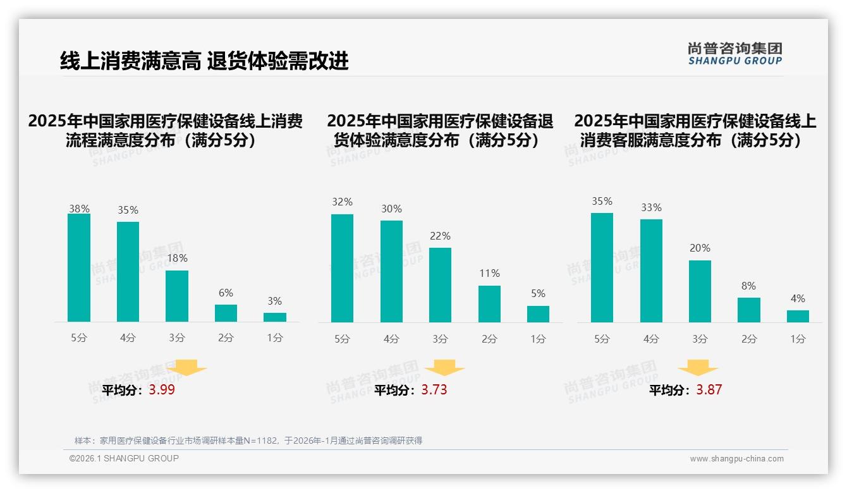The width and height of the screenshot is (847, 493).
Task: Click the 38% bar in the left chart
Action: (79, 268)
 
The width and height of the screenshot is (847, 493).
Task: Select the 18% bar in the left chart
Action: (177, 296)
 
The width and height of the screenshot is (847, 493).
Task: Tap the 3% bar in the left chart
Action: (275, 317)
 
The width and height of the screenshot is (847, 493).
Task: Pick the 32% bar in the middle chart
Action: (342, 269)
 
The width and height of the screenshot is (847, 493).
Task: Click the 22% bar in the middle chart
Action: (440, 285)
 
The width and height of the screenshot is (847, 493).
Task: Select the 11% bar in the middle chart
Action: (489, 304)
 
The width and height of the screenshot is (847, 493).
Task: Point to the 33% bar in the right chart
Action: (651, 271)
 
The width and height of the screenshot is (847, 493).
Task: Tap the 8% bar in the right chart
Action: (749, 310)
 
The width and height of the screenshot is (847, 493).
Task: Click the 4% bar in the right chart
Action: (798, 316)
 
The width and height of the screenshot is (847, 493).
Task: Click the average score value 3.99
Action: (162, 390)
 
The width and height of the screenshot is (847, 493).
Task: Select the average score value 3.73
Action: (434, 390)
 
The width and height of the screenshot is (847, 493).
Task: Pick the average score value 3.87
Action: (709, 390)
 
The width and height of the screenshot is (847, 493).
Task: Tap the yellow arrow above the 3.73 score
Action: (444, 368)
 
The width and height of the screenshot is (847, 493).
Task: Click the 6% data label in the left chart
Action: (226, 293)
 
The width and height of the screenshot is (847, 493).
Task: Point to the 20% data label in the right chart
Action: (700, 248)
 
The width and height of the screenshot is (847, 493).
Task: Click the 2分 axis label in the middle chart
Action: (489, 339)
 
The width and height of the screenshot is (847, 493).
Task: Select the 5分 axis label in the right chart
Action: (602, 339)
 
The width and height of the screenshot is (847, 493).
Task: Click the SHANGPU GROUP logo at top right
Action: (734, 53)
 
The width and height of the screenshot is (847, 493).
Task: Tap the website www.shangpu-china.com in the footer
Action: (736, 459)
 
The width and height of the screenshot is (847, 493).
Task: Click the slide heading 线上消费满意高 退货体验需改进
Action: (204, 61)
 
